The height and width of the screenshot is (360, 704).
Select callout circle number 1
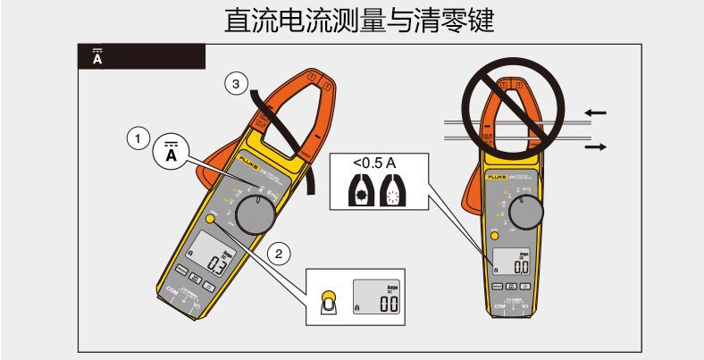coord(137,138)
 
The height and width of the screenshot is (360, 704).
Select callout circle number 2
coord(280,253)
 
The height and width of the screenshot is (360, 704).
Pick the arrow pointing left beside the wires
coord(595,113)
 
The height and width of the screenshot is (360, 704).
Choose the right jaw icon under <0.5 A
coord(394,193)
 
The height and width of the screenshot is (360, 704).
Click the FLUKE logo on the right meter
coord(497,177)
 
